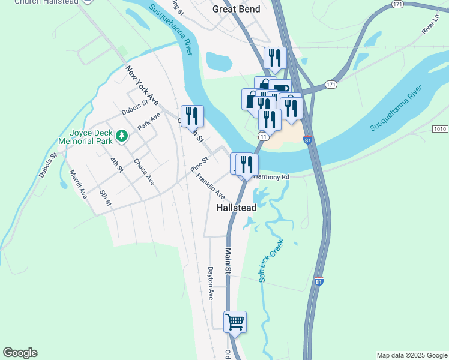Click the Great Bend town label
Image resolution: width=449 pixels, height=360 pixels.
tap(237, 9)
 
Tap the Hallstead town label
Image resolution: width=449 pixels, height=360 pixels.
tap(237, 208)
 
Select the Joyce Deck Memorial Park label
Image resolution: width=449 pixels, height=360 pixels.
tap(86, 137)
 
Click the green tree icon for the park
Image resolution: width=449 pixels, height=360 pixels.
tap(122, 136)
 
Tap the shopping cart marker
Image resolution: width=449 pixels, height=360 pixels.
tap(235, 322)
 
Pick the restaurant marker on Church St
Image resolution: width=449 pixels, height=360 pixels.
tap(193, 115)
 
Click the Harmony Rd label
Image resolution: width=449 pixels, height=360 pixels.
tap(271, 177)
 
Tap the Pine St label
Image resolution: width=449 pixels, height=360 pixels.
tap(199, 164)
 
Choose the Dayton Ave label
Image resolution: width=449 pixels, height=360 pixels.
tap(211, 283)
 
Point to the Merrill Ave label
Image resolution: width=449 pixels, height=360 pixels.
tap(78, 184)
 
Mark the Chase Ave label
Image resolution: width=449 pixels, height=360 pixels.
tap(144, 172)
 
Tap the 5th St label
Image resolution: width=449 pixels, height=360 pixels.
tap(106, 197)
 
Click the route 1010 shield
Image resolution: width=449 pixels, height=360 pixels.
tap(440, 129)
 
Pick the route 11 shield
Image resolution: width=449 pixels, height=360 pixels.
tap(263, 137)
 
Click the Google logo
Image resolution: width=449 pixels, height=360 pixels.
tap(20, 353)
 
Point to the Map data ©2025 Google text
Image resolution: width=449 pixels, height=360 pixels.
tap(411, 355)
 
